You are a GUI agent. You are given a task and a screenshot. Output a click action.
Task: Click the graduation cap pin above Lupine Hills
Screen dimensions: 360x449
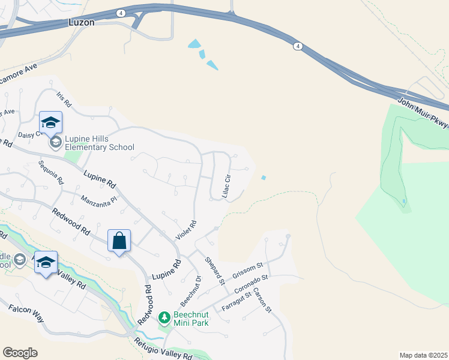(x=51, y=122)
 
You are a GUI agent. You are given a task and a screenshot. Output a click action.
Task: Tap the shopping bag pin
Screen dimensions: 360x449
(x=119, y=241)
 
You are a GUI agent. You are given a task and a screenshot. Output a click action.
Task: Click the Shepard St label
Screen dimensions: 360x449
(x=214, y=270)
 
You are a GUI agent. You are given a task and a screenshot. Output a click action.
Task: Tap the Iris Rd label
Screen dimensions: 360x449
(x=64, y=100)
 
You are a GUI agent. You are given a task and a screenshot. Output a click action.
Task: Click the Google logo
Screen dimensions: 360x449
(x=20, y=353)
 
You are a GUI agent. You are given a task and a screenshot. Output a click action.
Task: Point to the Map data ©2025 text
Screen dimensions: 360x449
(x=423, y=355)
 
